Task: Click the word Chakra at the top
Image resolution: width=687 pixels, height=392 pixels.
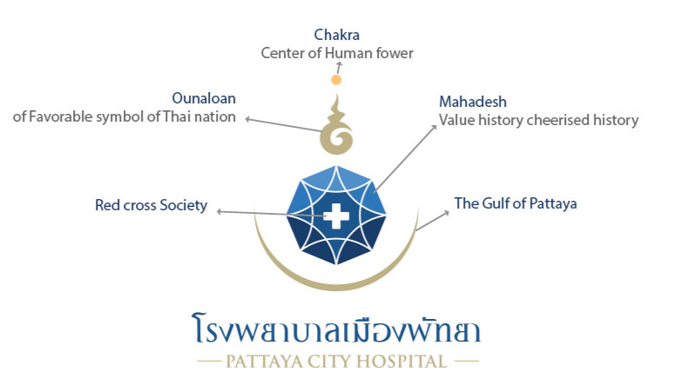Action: click(336, 35)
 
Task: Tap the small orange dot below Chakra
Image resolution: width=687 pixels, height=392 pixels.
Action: click(336, 80)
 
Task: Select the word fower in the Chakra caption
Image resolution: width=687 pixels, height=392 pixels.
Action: click(394, 53)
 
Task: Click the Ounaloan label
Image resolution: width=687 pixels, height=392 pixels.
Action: click(204, 98)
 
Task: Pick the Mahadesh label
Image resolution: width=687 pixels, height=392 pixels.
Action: click(473, 102)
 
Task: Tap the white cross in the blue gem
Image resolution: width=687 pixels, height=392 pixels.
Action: click(336, 216)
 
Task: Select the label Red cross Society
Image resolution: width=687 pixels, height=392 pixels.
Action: click(152, 205)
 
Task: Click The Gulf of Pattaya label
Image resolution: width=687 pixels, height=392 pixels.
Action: click(515, 203)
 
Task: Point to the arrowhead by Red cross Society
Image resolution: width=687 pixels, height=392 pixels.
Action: click(219, 212)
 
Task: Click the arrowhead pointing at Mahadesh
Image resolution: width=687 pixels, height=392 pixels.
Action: click(434, 127)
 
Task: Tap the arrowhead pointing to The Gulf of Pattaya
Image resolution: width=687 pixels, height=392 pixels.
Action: click(447, 213)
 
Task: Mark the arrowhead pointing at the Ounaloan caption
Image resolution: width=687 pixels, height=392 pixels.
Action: click(247, 119)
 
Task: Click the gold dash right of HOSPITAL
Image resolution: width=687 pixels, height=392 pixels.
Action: click(467, 362)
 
